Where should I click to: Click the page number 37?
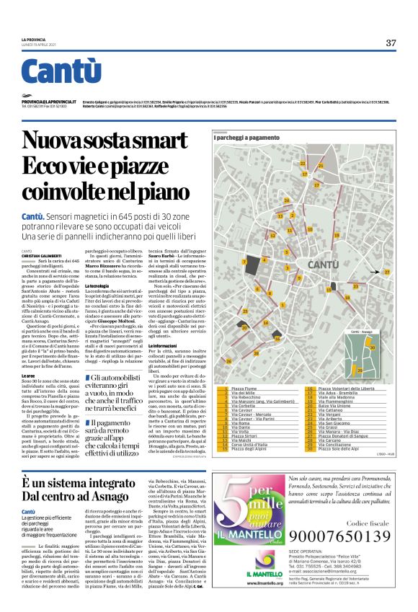pyautogui.click(x=391, y=43)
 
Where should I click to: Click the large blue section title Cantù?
pyautogui.click(x=55, y=71)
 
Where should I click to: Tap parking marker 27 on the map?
pyautogui.click(x=386, y=272)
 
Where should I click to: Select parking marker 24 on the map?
pyautogui.click(x=286, y=200)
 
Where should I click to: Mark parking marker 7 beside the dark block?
pyautogui.click(x=245, y=262)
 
